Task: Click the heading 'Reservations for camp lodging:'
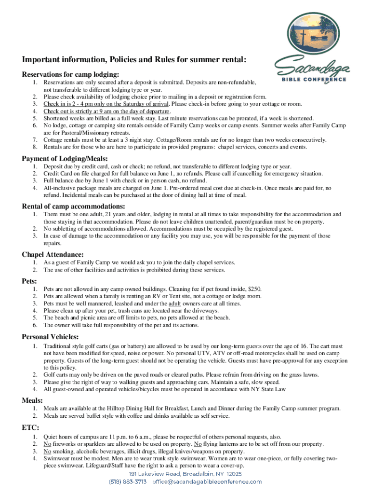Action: point(70,74)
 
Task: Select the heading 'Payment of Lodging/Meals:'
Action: point(65,159)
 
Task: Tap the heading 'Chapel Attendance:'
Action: point(53,254)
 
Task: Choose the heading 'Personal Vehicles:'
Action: point(51,336)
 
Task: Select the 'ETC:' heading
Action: point(30,427)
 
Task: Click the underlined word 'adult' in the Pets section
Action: point(175,303)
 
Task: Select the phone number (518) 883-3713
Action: point(127,481)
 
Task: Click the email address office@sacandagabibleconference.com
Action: point(207,481)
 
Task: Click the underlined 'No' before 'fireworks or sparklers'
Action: point(47,444)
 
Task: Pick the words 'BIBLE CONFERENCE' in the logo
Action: point(314,79)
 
